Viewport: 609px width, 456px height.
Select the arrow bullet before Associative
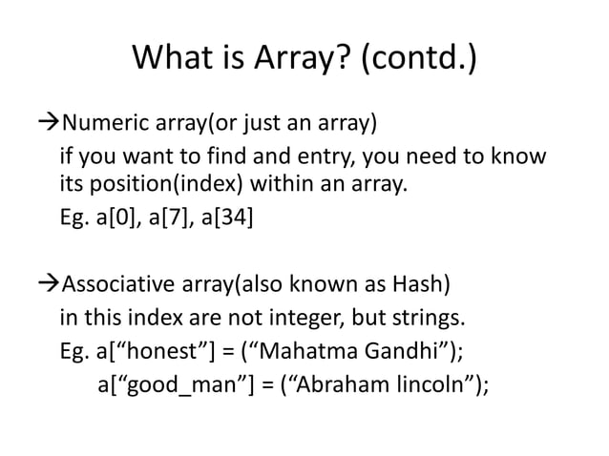46,285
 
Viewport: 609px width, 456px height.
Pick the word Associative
117,285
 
